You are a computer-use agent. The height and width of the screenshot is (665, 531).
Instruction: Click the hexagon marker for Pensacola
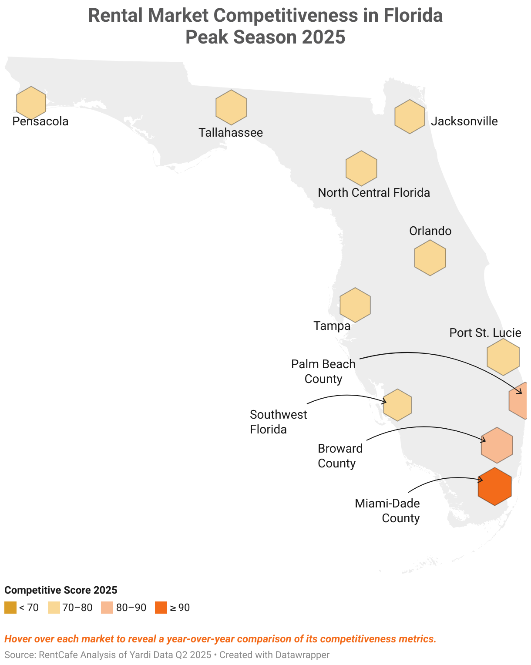click(31, 103)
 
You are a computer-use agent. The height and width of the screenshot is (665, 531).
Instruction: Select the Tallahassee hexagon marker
click(231, 107)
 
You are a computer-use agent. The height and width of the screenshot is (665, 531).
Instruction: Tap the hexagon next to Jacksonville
click(410, 117)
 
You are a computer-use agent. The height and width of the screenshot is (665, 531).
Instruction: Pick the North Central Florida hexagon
click(361, 168)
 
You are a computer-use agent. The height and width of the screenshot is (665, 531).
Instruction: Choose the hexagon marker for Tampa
click(355, 305)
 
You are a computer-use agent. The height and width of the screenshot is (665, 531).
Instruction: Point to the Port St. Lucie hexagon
click(503, 357)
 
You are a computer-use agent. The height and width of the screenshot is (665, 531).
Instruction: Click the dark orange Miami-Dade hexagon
click(494, 487)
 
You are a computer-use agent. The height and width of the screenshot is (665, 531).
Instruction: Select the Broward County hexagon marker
click(497, 445)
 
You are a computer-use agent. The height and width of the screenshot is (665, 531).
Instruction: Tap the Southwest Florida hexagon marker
click(398, 405)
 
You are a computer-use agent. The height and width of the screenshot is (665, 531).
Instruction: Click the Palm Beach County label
click(323, 371)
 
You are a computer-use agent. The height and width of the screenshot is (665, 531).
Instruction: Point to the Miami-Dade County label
click(387, 511)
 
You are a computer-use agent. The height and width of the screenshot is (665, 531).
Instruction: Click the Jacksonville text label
click(464, 121)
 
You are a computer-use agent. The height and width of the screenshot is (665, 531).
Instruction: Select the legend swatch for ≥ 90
click(161, 608)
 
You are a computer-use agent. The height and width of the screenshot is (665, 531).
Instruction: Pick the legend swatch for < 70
click(10, 608)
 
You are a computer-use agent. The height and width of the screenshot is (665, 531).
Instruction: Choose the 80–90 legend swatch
click(107, 608)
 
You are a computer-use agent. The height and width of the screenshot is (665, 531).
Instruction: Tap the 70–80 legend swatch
click(54, 608)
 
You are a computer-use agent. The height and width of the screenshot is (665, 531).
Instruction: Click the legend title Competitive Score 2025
click(61, 590)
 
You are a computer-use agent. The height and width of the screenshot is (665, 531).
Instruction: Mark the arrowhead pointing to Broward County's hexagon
click(484, 440)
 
